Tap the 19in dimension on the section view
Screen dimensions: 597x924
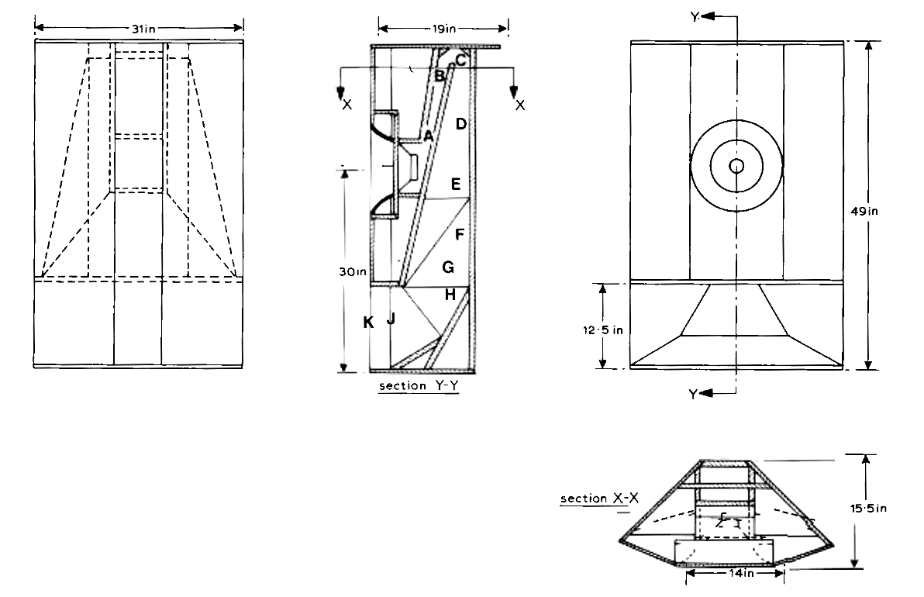443,29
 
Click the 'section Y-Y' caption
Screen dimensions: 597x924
419,385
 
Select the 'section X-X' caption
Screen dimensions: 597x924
600,499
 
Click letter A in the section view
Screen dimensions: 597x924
427,136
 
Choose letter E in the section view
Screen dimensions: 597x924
456,185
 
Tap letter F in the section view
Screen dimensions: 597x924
460,233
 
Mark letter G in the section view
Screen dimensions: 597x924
447,267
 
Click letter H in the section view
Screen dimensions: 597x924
450,295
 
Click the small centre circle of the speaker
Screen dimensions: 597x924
736,166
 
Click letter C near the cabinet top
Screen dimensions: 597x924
460,59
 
